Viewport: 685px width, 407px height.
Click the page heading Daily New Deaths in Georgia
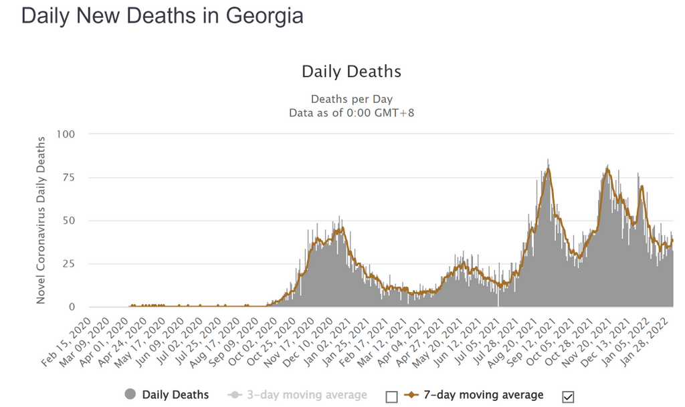pos(163,16)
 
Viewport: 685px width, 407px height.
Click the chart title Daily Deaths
pos(351,72)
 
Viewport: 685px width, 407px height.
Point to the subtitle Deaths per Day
pos(351,100)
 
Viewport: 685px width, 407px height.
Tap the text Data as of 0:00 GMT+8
pos(351,113)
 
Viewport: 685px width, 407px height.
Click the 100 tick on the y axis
pos(66,134)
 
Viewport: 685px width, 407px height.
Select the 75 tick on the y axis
pos(68,178)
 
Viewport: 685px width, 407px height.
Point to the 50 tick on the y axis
pos(68,221)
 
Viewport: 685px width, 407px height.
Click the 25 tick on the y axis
pos(68,264)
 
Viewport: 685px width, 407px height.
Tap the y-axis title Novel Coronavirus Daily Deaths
pos(41,221)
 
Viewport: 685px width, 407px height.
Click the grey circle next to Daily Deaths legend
pos(130,395)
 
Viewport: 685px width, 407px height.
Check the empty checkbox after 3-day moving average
pos(391,396)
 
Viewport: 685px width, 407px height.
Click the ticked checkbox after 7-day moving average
pos(569,396)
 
